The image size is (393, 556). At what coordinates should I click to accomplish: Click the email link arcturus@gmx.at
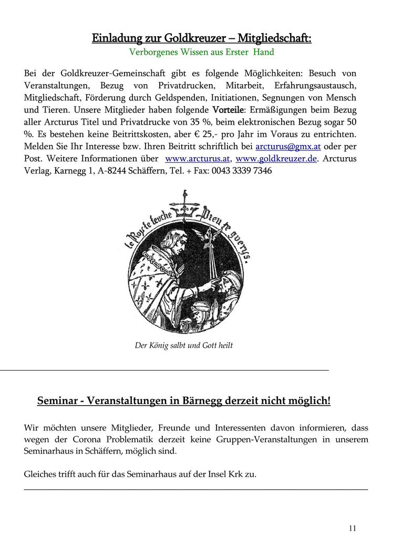[288, 147]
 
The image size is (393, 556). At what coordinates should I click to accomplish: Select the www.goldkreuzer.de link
[276, 159]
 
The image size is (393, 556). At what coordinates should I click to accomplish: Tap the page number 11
[352, 528]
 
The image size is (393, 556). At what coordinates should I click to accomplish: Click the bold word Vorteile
[227, 110]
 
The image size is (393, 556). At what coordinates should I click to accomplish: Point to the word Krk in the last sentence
[246, 474]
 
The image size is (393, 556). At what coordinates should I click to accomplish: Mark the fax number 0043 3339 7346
[242, 172]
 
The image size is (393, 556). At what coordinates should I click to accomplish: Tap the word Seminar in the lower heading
[57, 401]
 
